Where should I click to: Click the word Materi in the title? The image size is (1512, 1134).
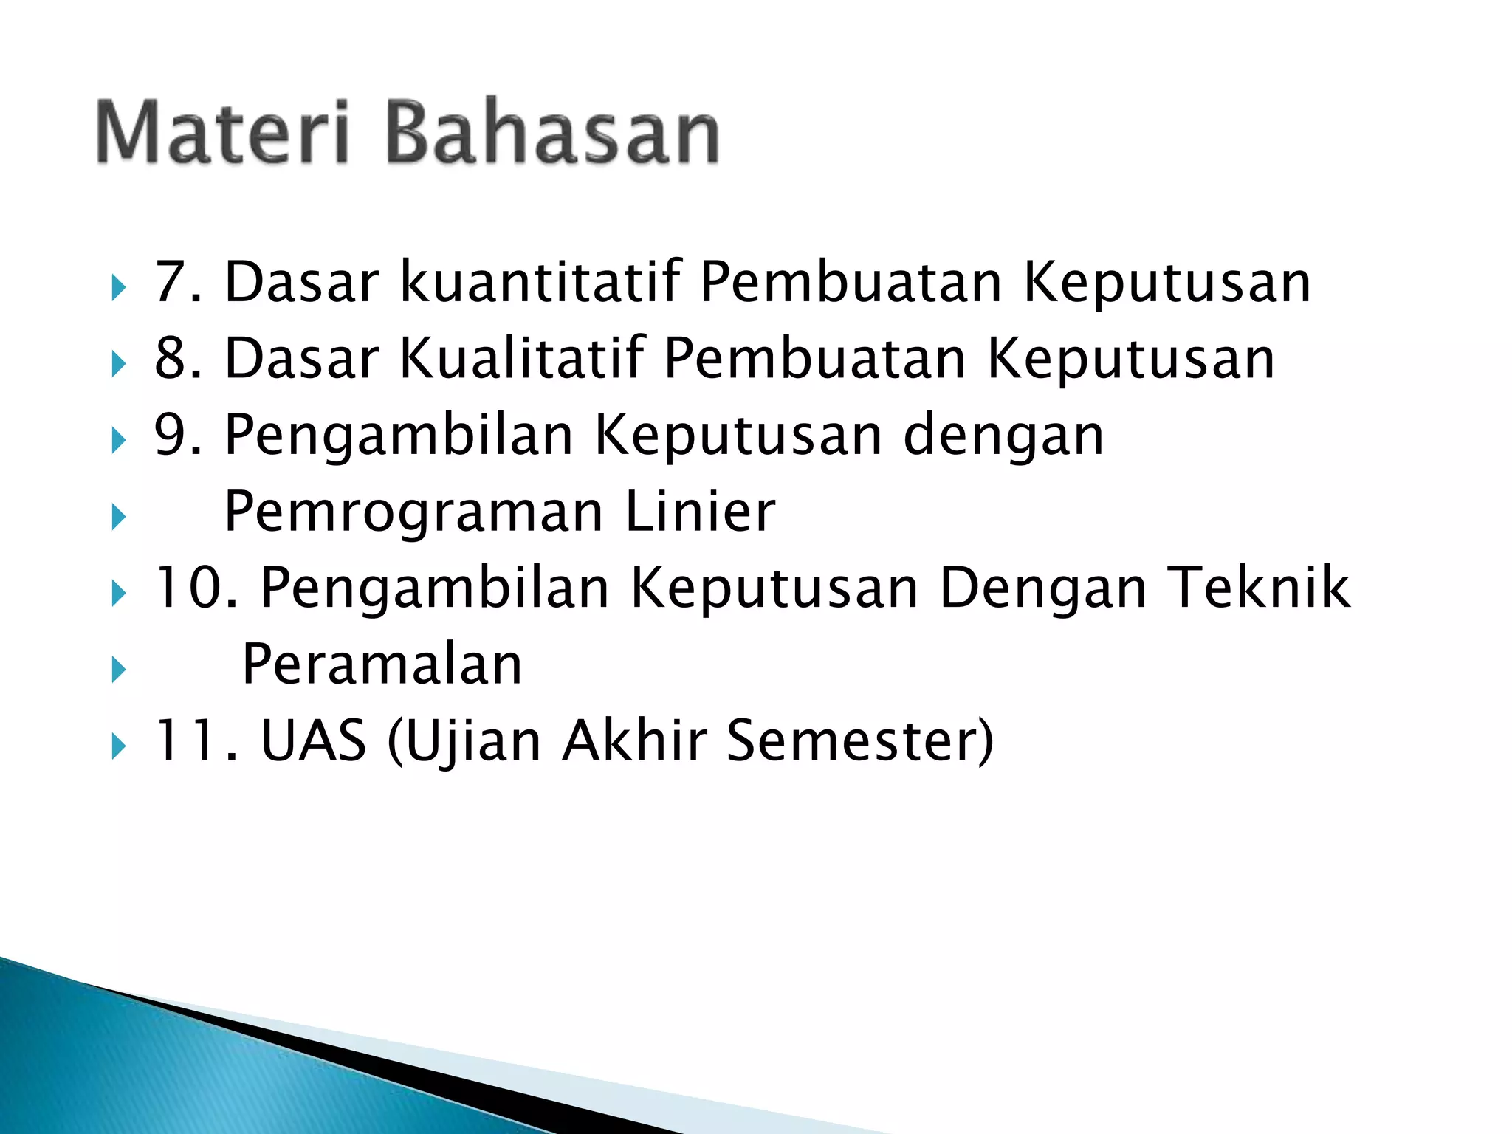click(221, 133)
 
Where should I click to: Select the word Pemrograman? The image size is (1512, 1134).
click(413, 513)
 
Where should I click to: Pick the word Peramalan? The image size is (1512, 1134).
click(382, 664)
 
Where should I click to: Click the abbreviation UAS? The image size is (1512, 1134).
click(313, 740)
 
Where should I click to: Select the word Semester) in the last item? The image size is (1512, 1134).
click(860, 740)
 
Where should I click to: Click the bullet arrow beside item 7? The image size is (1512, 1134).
click(118, 287)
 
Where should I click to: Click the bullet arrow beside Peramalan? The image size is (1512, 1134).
click(118, 670)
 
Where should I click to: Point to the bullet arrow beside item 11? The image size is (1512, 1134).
click(118, 746)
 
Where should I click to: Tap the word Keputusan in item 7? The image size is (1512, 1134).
click(1166, 282)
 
